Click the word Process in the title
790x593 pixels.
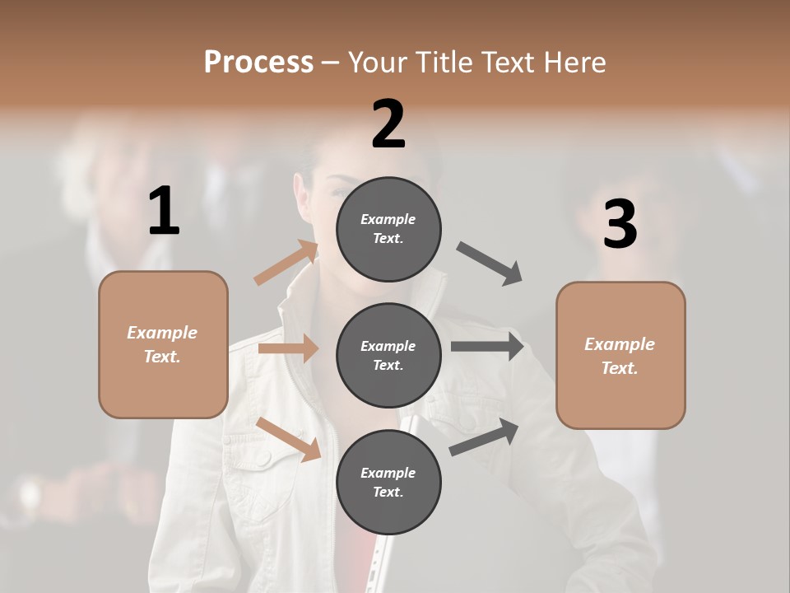click(258, 62)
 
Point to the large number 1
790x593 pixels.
click(164, 212)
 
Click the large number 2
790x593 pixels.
click(388, 124)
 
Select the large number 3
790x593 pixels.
click(620, 225)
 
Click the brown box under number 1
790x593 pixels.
click(163, 344)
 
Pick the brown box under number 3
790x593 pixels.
click(620, 356)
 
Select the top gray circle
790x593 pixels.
click(388, 228)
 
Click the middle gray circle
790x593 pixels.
click(388, 355)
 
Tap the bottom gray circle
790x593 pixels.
click(388, 482)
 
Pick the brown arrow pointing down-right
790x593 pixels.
click(289, 439)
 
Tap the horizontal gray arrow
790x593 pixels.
click(486, 346)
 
